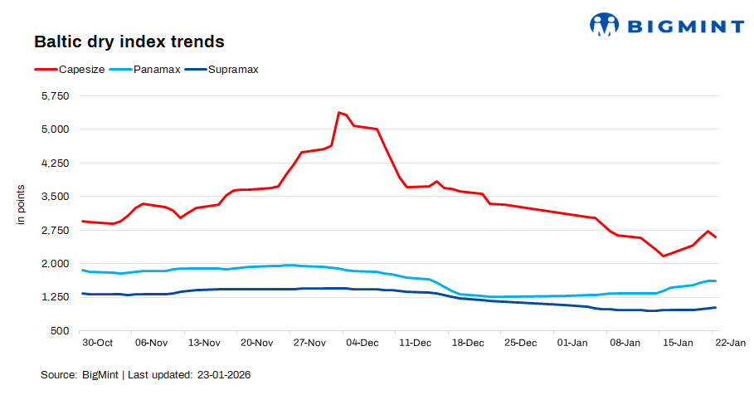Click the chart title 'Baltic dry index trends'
129,41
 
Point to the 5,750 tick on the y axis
55,96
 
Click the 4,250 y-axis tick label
55,163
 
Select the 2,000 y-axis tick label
55,264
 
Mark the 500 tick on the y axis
61,331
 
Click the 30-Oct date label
98,343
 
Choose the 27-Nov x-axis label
309,343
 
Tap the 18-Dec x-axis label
467,343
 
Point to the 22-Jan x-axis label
730,343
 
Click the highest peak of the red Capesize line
338,112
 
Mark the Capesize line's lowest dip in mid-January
663,256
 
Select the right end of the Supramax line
716,308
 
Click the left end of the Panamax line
82,270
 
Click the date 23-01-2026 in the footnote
224,375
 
